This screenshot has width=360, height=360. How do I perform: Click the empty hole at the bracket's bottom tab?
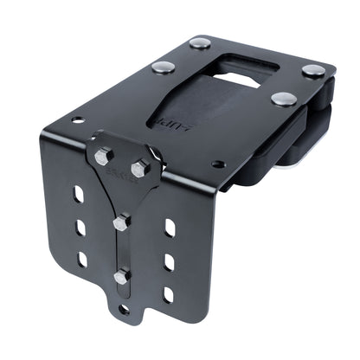point(124,308)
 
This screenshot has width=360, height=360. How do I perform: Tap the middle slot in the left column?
point(80,228)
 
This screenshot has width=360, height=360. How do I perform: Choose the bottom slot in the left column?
point(82,259)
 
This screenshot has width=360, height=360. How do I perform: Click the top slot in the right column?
point(170,228)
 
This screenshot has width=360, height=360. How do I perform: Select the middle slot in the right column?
point(169,261)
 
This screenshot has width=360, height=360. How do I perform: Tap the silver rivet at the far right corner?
point(312,70)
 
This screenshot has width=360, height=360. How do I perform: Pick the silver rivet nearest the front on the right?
point(281,99)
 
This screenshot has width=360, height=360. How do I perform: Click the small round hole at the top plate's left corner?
point(78,120)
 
